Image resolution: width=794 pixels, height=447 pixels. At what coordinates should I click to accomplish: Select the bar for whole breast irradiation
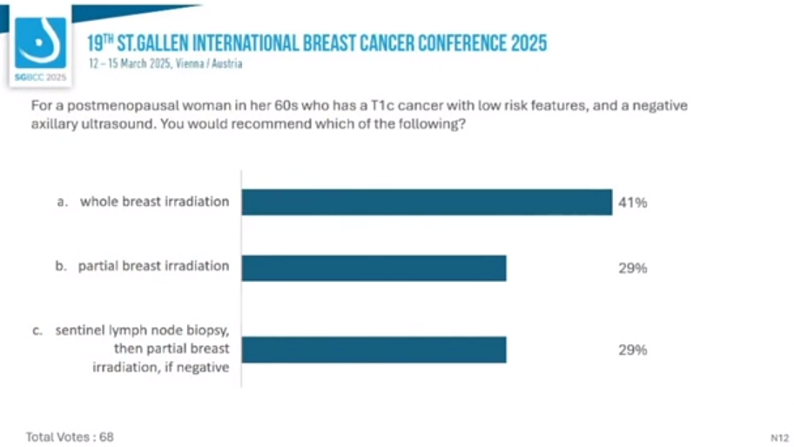[x=427, y=202]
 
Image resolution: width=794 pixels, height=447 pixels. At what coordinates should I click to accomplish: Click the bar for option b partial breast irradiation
[x=373, y=267]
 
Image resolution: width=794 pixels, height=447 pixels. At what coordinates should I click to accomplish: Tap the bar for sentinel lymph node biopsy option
[x=373, y=349]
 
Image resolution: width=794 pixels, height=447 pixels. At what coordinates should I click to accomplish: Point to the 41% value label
[x=632, y=203]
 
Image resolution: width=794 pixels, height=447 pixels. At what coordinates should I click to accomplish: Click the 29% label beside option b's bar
[x=632, y=269]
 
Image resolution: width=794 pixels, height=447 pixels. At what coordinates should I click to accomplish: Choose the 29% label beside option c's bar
[x=632, y=350]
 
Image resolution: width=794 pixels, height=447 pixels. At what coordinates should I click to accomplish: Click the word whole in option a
[x=98, y=202]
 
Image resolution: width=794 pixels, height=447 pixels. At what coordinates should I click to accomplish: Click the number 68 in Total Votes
[x=105, y=436]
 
